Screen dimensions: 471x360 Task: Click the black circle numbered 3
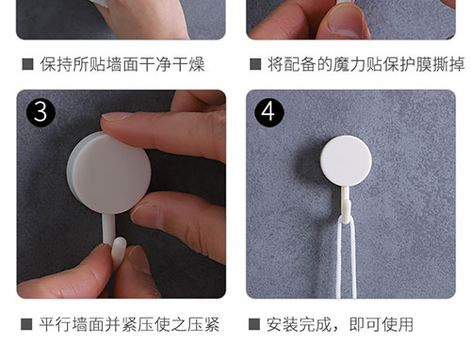coord(41,112)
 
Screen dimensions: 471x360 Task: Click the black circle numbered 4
coord(269,112)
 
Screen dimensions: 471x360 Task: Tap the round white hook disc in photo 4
coord(346,161)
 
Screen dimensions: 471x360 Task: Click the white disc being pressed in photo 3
coord(109,172)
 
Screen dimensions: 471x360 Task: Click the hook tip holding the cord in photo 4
coord(346,210)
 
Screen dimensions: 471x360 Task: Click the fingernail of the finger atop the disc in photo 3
coord(116,116)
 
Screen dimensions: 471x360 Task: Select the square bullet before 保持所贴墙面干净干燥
coord(28,64)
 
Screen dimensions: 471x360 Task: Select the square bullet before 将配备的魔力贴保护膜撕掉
coord(255,64)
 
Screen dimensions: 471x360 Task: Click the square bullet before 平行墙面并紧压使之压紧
coord(26,324)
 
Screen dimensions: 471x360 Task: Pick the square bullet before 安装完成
coord(254,324)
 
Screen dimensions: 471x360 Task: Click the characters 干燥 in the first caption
coord(188,64)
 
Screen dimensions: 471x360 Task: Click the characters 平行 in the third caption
coord(55,324)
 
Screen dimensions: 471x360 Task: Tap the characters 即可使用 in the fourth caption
coord(382,324)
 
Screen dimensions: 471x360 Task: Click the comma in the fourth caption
coord(336,329)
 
